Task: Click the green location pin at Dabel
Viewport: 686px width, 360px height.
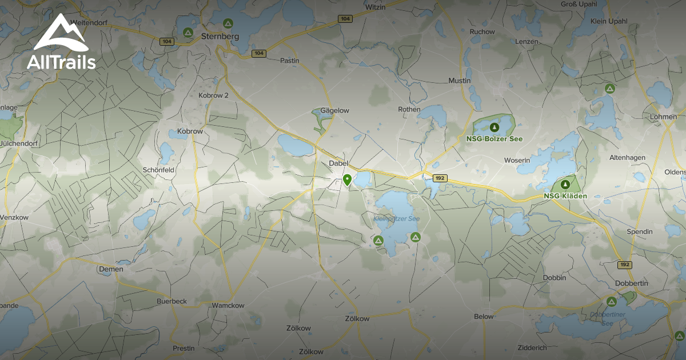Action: (x=347, y=181)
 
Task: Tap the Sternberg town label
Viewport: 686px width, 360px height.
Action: (x=220, y=37)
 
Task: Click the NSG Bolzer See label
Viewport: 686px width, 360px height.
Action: (x=494, y=139)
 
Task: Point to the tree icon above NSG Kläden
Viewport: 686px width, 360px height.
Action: (x=565, y=185)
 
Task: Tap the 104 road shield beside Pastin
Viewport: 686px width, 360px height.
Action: (x=258, y=54)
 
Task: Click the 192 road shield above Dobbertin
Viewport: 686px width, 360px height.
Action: (x=624, y=265)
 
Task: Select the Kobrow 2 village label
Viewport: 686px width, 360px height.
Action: (x=213, y=95)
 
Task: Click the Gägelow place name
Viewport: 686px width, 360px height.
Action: (x=334, y=110)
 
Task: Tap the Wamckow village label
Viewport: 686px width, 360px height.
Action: (x=228, y=306)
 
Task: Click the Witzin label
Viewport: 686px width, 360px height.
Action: (x=376, y=7)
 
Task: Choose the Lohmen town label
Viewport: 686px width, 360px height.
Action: (x=663, y=117)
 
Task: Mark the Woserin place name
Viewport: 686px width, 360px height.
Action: (x=517, y=161)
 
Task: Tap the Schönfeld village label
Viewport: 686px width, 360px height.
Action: (x=158, y=170)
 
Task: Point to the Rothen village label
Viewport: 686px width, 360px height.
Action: (x=409, y=109)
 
